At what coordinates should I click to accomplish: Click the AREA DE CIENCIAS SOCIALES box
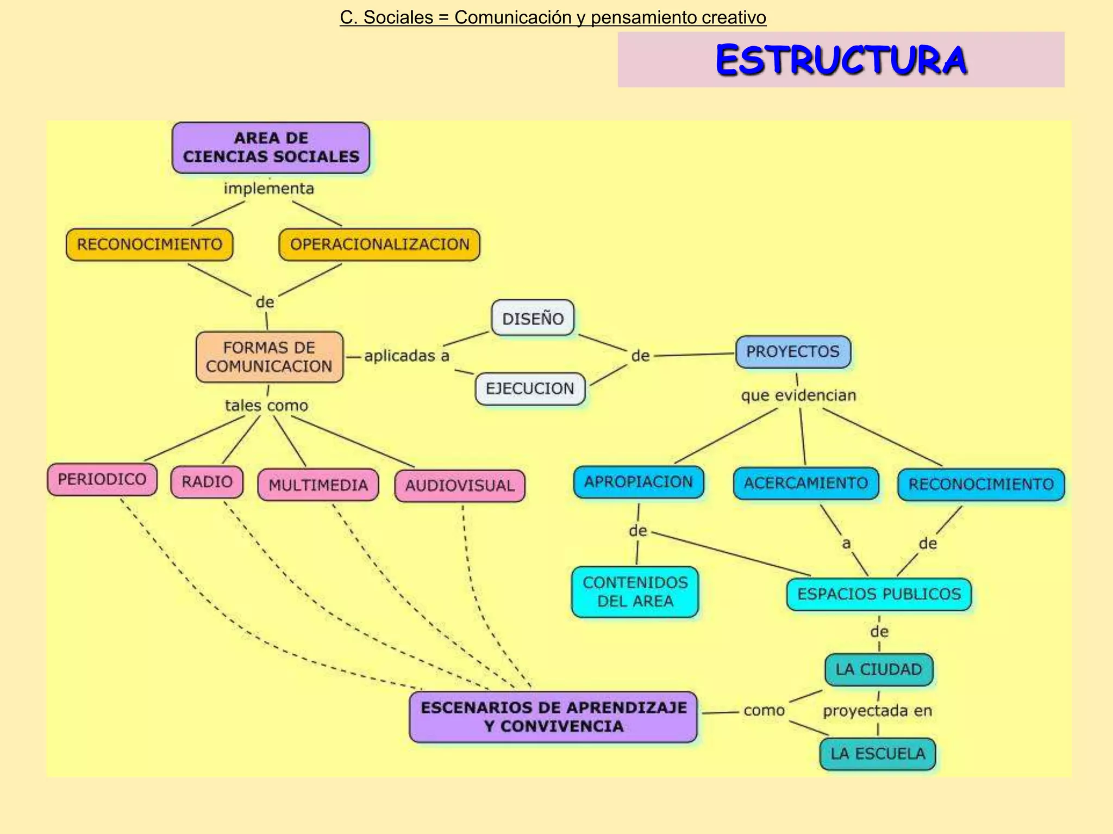[271, 148]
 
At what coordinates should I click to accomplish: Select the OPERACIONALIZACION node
[379, 244]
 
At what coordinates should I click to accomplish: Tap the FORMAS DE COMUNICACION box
[270, 357]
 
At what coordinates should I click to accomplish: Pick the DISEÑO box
[533, 318]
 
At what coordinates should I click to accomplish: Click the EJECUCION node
[530, 389]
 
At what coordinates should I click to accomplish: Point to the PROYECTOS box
[793, 352]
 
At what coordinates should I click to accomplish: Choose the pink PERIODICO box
[102, 479]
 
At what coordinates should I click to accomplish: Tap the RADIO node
[207, 482]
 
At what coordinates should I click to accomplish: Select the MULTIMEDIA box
[318, 485]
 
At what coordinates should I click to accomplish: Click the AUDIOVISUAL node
[460, 485]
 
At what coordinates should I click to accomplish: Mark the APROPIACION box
[639, 482]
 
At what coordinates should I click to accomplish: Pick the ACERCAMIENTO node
[806, 483]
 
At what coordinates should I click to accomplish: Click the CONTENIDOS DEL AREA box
[635, 592]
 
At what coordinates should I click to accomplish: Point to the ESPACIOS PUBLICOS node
[879, 594]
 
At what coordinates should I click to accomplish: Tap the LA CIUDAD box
[879, 669]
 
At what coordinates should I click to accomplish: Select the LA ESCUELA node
[878, 754]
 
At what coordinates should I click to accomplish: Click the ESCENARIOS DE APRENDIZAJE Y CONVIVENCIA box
[553, 717]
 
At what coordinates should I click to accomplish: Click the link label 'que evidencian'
[798, 395]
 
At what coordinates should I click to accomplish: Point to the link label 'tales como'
[266, 406]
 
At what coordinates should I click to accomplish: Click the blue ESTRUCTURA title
[841, 60]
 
